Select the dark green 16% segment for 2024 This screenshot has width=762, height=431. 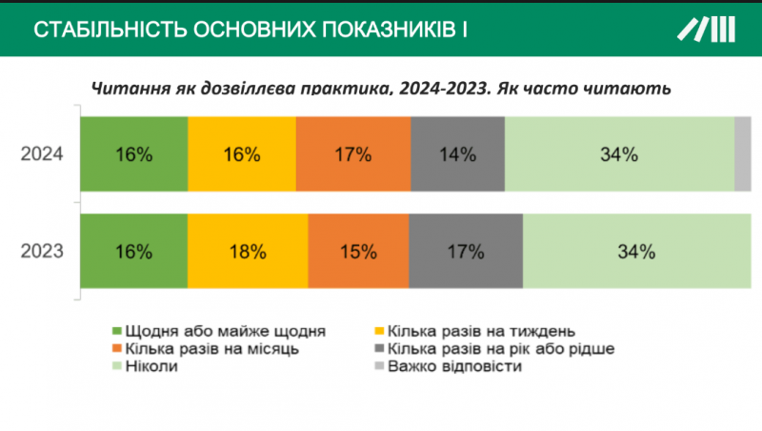(x=133, y=154)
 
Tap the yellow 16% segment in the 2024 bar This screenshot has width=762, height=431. (x=242, y=154)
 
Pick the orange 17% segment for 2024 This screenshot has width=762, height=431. (x=353, y=154)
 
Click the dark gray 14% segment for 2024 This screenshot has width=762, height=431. (x=457, y=154)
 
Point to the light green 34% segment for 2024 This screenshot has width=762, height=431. (x=619, y=154)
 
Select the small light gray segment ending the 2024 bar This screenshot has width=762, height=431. (x=743, y=154)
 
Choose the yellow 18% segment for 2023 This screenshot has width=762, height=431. (x=248, y=253)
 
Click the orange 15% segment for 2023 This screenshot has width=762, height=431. (x=358, y=253)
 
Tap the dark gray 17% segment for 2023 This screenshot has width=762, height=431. (x=466, y=253)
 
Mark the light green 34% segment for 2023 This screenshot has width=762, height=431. (x=636, y=253)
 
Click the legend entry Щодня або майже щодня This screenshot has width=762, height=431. (x=219, y=331)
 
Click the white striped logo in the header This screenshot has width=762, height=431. (x=707, y=29)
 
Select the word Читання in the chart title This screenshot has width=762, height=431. (x=127, y=89)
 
